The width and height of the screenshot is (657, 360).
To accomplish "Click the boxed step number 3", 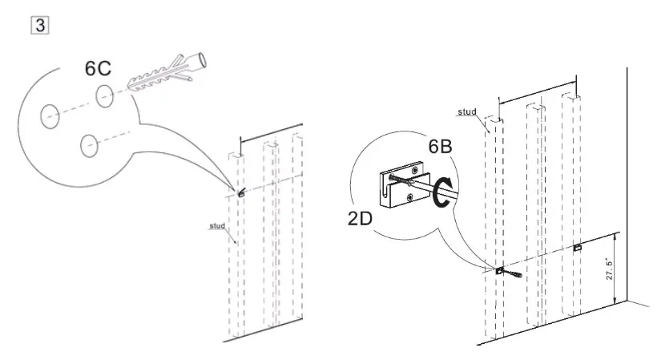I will point(38,25).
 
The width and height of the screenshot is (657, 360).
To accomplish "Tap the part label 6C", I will point(98,69).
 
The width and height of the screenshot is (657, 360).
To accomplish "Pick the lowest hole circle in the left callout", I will point(89,145).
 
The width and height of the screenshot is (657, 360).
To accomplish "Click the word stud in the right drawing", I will point(467,112).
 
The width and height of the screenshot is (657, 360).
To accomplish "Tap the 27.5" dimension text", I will point(609,268).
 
